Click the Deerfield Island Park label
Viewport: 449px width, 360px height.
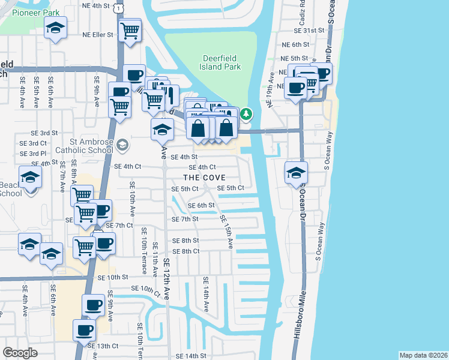pyautogui.click(x=220, y=63)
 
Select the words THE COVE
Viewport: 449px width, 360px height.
pyautogui.click(x=205, y=178)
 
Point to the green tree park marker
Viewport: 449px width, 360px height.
pyautogui.click(x=246, y=113)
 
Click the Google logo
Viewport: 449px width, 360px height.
pyautogui.click(x=20, y=352)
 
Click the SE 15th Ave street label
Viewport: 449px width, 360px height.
pyautogui.click(x=226, y=232)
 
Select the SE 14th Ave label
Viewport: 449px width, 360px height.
pyautogui.click(x=205, y=294)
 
